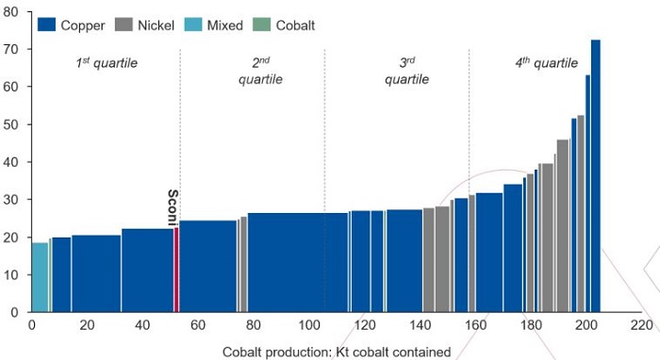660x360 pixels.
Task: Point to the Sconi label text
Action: (173, 206)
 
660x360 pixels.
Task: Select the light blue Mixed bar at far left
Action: (40, 277)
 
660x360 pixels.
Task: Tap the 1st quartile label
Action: (107, 63)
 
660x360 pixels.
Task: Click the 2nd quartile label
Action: (261, 71)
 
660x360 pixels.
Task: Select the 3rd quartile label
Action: (406, 71)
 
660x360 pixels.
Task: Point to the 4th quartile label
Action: (546, 63)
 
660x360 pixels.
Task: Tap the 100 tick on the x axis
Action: (308, 326)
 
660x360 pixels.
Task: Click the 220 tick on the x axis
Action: (641, 326)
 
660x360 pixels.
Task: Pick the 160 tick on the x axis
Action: (475, 326)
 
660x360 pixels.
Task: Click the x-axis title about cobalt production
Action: (337, 352)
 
